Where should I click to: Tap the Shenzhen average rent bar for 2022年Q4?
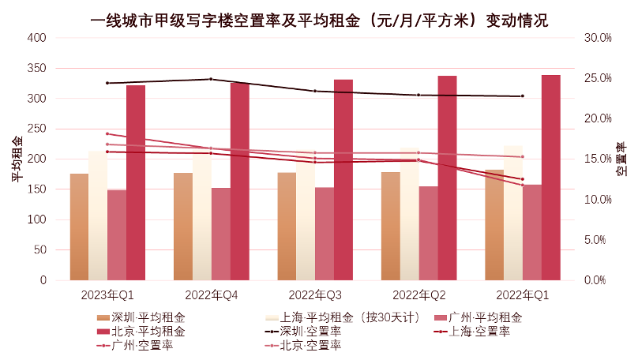[183, 226]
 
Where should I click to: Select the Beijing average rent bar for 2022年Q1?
[550, 178]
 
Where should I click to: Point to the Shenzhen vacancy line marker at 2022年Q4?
[211, 79]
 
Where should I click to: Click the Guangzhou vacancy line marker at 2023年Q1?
[107, 133]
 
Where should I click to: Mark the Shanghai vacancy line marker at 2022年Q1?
[522, 179]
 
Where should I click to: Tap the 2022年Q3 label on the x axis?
[314, 295]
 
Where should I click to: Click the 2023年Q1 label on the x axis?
[107, 295]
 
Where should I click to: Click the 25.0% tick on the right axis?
[597, 78]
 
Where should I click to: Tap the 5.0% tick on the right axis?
[597, 240]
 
